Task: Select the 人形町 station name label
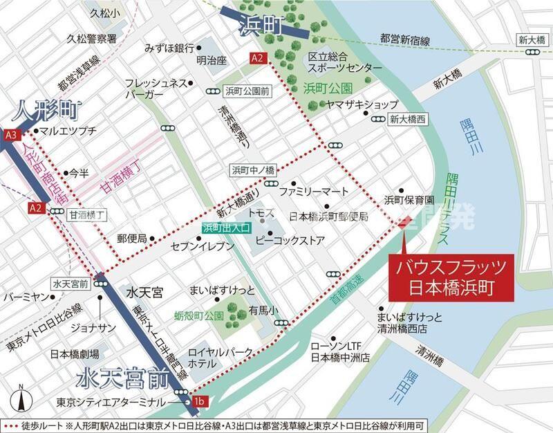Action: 46,109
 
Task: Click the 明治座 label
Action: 211,60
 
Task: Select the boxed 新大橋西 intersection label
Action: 408,119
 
